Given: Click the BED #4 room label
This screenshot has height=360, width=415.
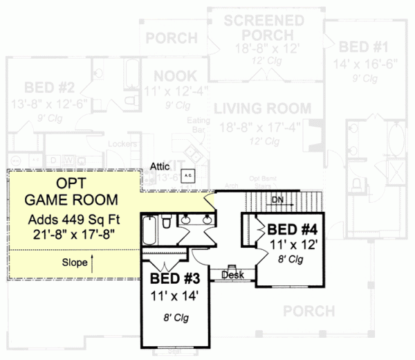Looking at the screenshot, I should pos(293,229).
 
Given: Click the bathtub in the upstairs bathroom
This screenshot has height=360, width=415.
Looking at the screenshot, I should pos(149,230).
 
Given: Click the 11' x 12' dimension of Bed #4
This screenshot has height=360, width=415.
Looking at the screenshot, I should pos(293,244).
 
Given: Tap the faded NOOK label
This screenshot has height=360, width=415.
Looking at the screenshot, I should pos(174,75).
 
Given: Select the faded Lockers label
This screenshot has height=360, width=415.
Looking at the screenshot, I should pos(120,144).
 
